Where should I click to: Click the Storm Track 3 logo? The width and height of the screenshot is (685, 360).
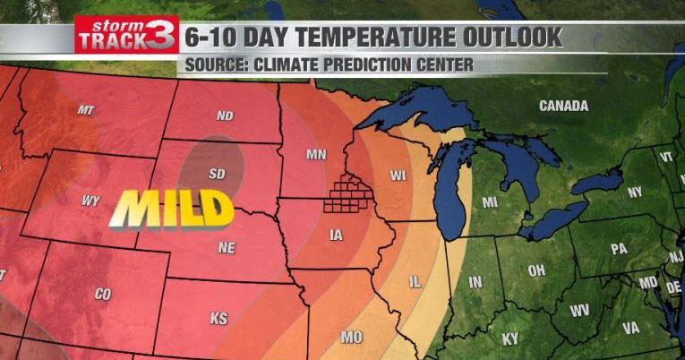click(126, 35)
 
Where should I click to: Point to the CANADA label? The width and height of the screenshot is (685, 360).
click(563, 106)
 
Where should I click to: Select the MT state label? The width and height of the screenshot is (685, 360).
click(86, 110)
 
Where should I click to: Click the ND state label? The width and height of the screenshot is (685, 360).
click(225, 116)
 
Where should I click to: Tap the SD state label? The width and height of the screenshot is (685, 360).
click(217, 173)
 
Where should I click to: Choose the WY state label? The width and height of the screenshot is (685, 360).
click(90, 201)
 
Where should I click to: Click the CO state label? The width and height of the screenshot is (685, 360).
click(103, 293)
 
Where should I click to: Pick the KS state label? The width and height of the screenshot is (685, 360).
click(218, 318)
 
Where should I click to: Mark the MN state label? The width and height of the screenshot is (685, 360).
click(316, 154)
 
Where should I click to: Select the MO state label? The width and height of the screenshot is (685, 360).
click(352, 337)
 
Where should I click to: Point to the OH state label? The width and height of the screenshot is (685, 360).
click(536, 271)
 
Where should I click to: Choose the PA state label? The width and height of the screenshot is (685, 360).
click(619, 249)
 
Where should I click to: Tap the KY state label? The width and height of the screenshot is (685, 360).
click(509, 339)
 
